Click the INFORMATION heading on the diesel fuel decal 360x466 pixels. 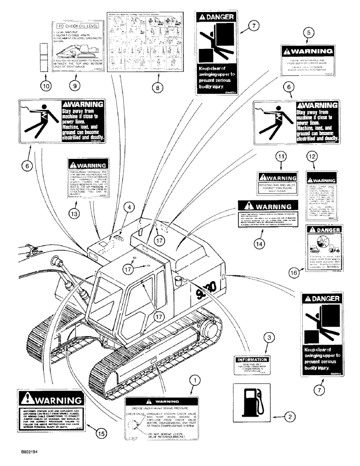pyautogui.click(x=252, y=360)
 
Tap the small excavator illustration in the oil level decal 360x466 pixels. pyautogui.click(x=89, y=48)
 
